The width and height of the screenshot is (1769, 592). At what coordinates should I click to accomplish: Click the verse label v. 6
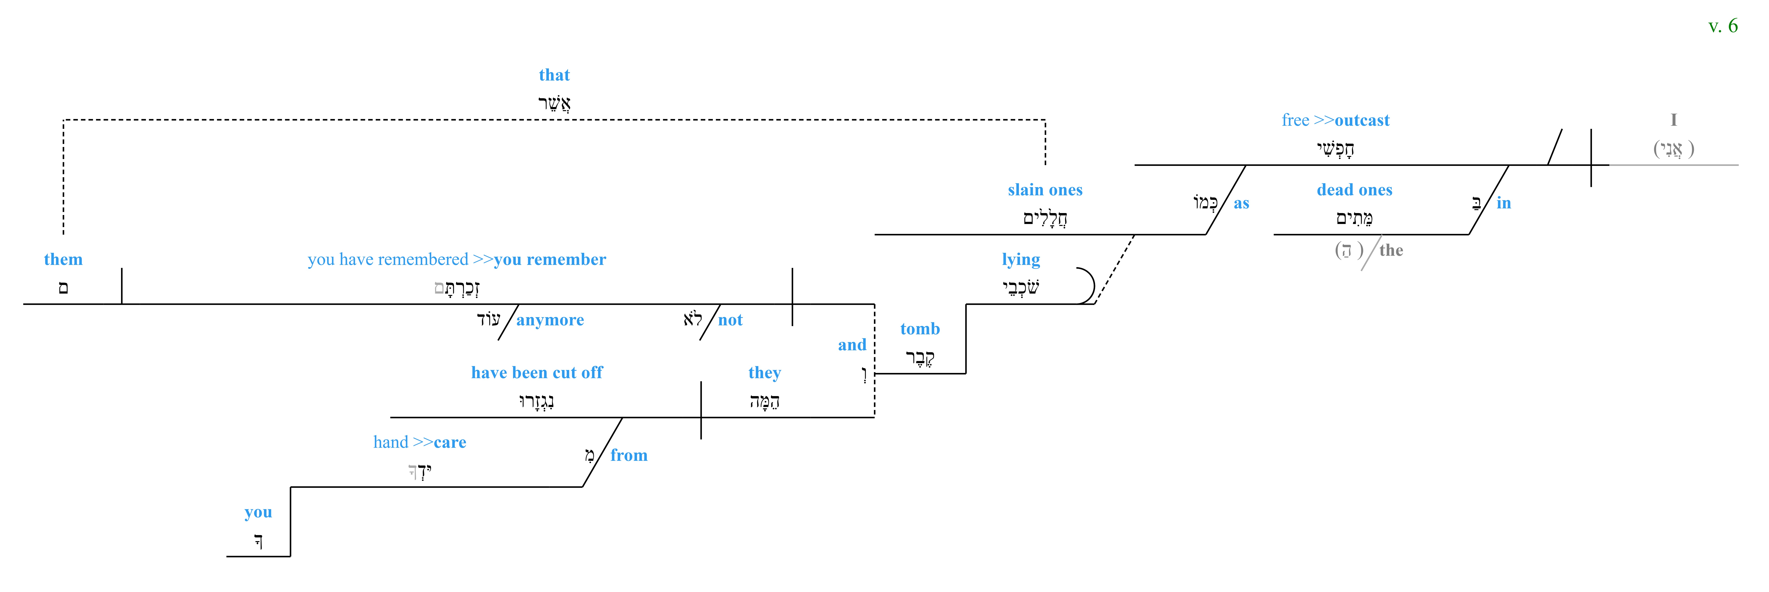tap(1722, 26)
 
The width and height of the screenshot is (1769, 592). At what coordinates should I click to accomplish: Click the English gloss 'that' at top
tap(554, 75)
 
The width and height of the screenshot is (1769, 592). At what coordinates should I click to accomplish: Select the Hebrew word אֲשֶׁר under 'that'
tap(554, 103)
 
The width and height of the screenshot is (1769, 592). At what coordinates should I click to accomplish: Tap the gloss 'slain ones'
tap(1044, 189)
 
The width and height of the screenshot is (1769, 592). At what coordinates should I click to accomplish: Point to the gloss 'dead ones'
tap(1354, 189)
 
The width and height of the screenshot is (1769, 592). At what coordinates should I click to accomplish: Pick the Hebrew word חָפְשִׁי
tap(1335, 148)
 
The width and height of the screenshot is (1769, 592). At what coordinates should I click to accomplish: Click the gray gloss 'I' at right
tap(1673, 120)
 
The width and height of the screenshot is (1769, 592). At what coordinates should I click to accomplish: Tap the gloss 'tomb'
tap(919, 329)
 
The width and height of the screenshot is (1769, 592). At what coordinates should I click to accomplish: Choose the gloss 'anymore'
tap(550, 320)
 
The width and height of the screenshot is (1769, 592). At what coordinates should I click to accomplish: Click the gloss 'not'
tap(730, 320)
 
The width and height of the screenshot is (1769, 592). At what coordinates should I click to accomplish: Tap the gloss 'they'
tap(764, 373)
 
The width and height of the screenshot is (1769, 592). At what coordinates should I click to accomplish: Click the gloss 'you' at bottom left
tap(258, 512)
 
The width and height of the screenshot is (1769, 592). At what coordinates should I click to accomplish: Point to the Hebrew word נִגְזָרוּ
tap(536, 401)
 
